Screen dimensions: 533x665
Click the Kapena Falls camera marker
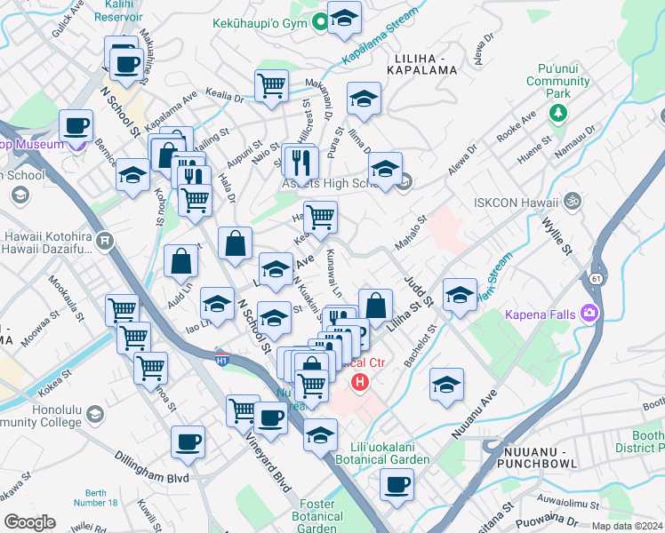click(589, 313)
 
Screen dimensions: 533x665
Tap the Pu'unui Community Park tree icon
click(557, 113)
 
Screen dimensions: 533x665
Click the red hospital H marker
click(360, 383)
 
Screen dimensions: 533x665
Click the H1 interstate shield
click(223, 359)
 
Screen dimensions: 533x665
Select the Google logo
click(29, 521)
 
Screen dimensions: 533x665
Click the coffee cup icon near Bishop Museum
click(76, 125)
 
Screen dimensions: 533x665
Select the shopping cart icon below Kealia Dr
click(272, 86)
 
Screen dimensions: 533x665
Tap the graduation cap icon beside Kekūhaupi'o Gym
click(344, 17)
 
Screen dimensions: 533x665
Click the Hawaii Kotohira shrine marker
click(105, 240)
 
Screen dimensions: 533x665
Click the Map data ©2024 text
click(626, 526)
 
